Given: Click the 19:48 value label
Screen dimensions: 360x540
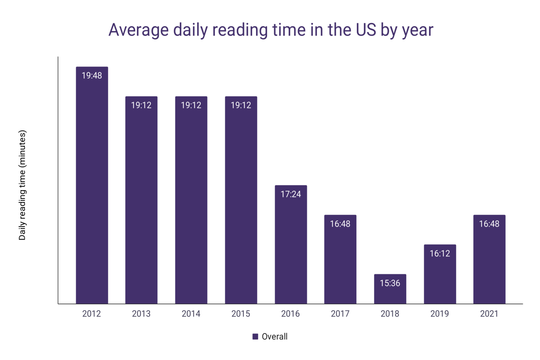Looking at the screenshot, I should pos(92,76).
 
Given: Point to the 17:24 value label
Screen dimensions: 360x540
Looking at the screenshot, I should pos(291,194).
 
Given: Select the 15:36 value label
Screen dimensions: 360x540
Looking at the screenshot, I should pos(390,283).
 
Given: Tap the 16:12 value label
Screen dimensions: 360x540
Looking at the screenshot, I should pos(440,253).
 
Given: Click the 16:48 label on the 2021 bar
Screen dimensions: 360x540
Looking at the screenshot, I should pos(489,224).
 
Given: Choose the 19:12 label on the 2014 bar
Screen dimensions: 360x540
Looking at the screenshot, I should pos(191,105).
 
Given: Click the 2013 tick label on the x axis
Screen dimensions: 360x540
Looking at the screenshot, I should pos(141,314).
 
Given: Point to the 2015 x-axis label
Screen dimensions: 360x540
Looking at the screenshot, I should pos(241,314).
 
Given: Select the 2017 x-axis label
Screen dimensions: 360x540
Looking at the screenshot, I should pos(340,314).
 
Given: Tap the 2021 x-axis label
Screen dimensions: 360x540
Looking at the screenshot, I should pos(489,314).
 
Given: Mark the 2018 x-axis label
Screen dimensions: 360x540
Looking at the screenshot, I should pos(390,314).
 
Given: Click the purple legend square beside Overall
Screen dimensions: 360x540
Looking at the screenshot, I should pos(255,336).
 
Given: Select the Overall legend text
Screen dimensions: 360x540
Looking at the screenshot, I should pos(275,336).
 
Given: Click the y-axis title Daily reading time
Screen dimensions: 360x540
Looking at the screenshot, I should pos(22,185).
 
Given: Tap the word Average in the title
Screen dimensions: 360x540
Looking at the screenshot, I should pos(139,30).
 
